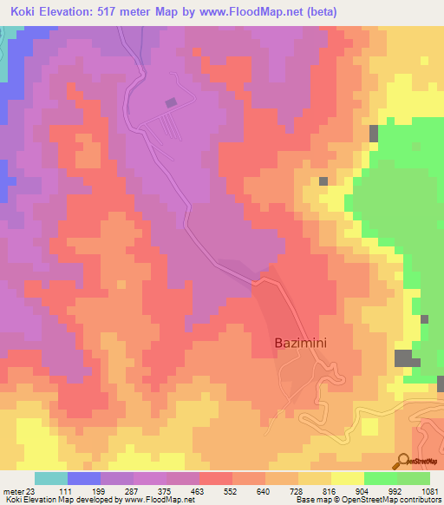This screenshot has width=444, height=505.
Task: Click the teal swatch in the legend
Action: (x=51, y=478)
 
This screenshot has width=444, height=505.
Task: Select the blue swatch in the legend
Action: (x=84, y=478)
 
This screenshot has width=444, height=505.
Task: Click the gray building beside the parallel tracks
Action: (x=171, y=102)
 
